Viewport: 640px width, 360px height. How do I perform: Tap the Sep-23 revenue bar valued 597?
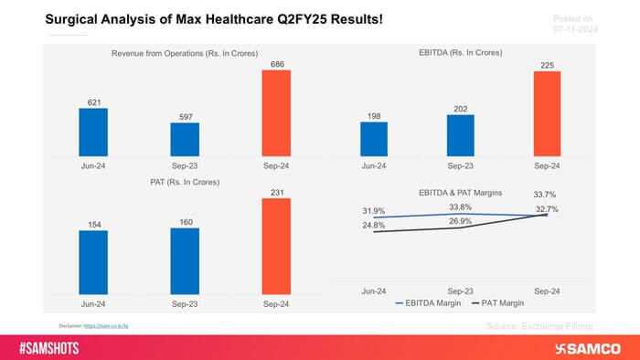(x=185, y=138)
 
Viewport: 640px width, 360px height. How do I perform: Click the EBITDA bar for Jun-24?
(x=374, y=138)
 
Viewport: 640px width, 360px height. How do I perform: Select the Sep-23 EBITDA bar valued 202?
(x=461, y=134)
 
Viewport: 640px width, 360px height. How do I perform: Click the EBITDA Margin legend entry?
(x=426, y=302)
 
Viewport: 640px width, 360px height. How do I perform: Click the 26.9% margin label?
(x=462, y=220)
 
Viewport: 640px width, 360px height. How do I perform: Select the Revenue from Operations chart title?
(x=184, y=54)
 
